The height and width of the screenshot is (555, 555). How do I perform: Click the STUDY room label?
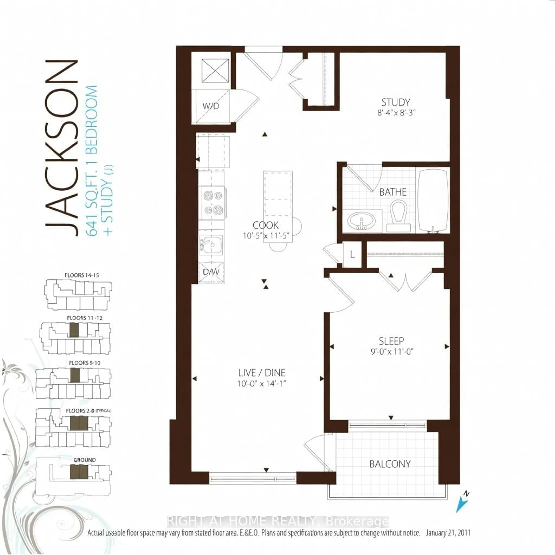pos(396,102)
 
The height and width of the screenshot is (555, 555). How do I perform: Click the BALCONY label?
pos(390,464)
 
